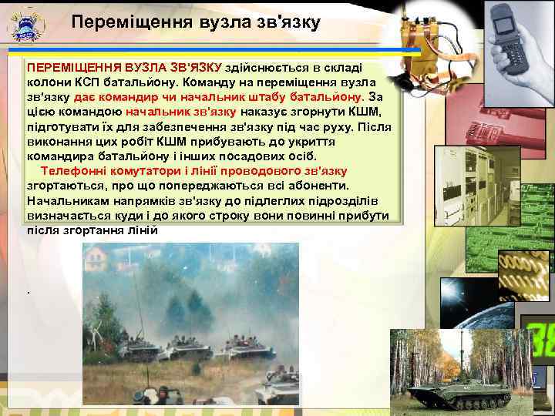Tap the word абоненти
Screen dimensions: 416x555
[319, 186]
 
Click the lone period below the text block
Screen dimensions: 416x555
[28, 292]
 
